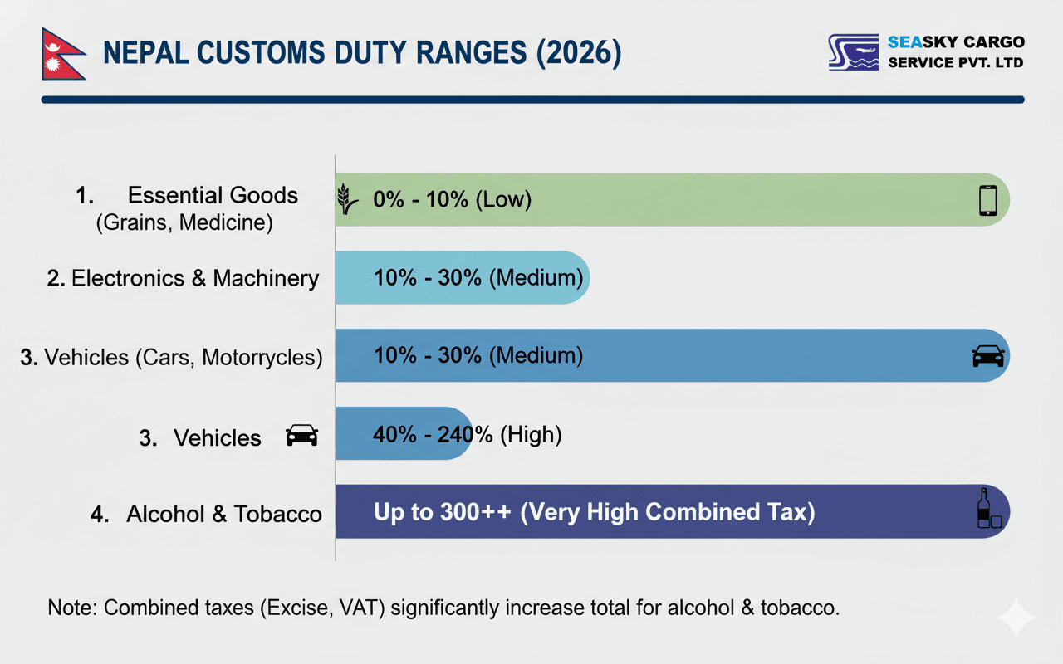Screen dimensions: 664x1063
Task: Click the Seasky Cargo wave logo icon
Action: coord(853,52)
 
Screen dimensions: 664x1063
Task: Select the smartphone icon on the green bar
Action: coord(987,200)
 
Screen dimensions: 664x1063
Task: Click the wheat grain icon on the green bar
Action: coord(348,200)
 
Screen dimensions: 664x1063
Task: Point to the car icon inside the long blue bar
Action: coord(987,356)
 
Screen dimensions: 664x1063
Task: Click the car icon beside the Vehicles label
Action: coord(301,436)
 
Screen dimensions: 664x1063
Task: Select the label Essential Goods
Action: coord(213,196)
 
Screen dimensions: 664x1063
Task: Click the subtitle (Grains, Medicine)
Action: coord(184,223)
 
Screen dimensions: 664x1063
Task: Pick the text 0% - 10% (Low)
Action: coord(452,200)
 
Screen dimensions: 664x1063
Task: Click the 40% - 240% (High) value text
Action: coord(468,434)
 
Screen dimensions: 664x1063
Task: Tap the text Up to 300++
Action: coord(443,512)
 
